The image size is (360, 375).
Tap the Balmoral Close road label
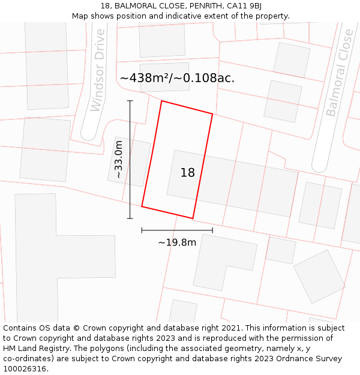click(x=340, y=73)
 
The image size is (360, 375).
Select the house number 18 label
click(x=188, y=173)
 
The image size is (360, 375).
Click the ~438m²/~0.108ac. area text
click(x=177, y=78)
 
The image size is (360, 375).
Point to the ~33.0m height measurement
click(x=118, y=159)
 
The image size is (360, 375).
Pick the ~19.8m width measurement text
click(x=177, y=242)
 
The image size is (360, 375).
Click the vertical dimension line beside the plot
click(x=130, y=159)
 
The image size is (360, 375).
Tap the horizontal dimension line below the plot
click(x=177, y=230)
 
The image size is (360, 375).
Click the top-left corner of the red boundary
click(x=161, y=101)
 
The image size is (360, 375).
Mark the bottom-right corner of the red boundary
click(x=193, y=218)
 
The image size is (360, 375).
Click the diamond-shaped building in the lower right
click(x=319, y=276)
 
